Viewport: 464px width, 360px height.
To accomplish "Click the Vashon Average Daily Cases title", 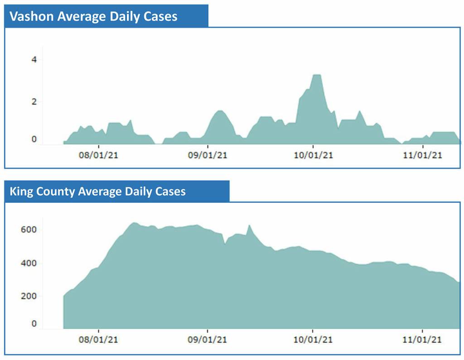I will [x=93, y=17].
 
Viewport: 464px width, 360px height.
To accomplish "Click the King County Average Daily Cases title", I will [x=97, y=192].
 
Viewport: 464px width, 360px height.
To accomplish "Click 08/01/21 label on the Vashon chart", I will [x=98, y=155].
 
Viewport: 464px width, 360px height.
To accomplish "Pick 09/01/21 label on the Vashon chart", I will [x=208, y=155].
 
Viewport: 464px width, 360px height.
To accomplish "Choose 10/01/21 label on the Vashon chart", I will [x=313, y=155].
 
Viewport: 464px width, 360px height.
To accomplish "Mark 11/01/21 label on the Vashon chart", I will [x=422, y=155].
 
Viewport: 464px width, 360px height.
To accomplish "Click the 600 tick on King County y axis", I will [x=29, y=230].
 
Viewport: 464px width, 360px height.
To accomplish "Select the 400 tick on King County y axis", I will [x=29, y=263].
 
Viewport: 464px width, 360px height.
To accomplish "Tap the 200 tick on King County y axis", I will [x=29, y=296].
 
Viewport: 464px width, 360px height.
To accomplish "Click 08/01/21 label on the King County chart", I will [x=98, y=340].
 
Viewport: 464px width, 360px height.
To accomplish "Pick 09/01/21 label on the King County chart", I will [x=208, y=340].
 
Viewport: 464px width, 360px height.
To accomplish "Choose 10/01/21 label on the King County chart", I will [x=313, y=340].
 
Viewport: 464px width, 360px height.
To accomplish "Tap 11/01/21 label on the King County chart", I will [x=422, y=340].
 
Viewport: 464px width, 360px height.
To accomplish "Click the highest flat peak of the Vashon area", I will [x=317, y=75].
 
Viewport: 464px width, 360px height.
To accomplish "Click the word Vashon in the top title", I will [x=31, y=17].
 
